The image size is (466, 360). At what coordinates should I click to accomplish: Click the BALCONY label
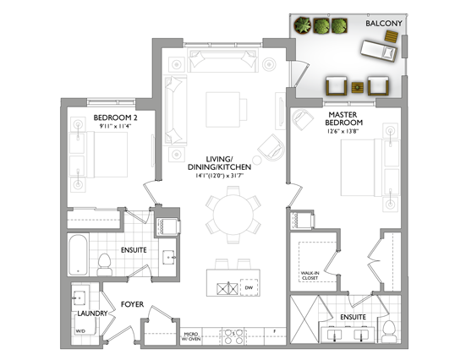[383, 24]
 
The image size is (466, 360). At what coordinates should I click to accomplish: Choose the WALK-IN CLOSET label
[310, 275]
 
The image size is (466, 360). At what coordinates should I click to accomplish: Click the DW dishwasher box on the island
[249, 288]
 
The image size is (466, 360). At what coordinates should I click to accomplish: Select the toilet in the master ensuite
[389, 329]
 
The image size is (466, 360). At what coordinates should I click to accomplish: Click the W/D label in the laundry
[79, 330]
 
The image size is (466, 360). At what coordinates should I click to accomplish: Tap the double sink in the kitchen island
[223, 288]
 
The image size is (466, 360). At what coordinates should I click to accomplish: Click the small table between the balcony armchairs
[358, 86]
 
